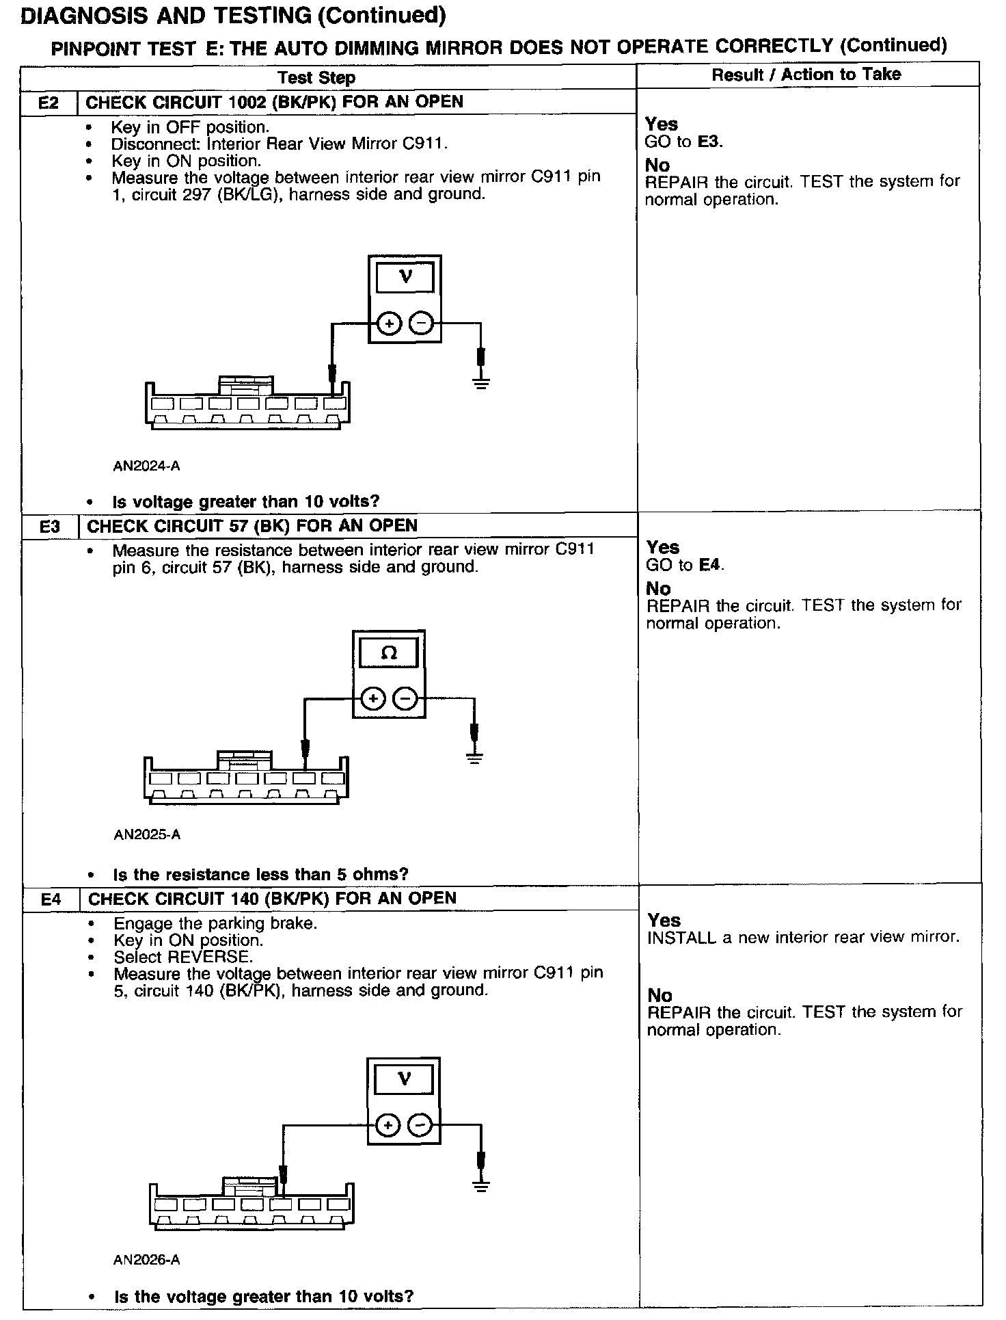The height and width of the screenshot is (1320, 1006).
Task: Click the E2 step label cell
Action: (49, 103)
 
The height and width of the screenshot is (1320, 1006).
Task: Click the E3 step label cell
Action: (50, 526)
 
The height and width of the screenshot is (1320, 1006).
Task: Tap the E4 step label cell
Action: (51, 899)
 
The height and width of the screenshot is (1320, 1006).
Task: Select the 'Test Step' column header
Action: (316, 77)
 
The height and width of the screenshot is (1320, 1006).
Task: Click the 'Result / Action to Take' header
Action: (806, 75)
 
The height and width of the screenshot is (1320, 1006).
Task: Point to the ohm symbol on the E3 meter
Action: (388, 653)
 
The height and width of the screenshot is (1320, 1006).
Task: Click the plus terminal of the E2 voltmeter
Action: (388, 323)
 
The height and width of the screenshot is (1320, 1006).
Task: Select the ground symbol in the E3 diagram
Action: (474, 756)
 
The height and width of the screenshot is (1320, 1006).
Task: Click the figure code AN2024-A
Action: (146, 466)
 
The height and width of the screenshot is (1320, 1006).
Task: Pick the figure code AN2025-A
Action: (147, 834)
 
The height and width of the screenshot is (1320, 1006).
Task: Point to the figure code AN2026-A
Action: (147, 1259)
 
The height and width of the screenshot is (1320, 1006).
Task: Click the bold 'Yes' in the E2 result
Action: (662, 124)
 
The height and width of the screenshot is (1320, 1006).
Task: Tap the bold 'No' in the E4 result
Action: (660, 995)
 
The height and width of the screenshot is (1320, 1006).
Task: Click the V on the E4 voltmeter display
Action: (404, 1079)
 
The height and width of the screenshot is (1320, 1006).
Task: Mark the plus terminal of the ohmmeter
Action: (372, 699)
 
